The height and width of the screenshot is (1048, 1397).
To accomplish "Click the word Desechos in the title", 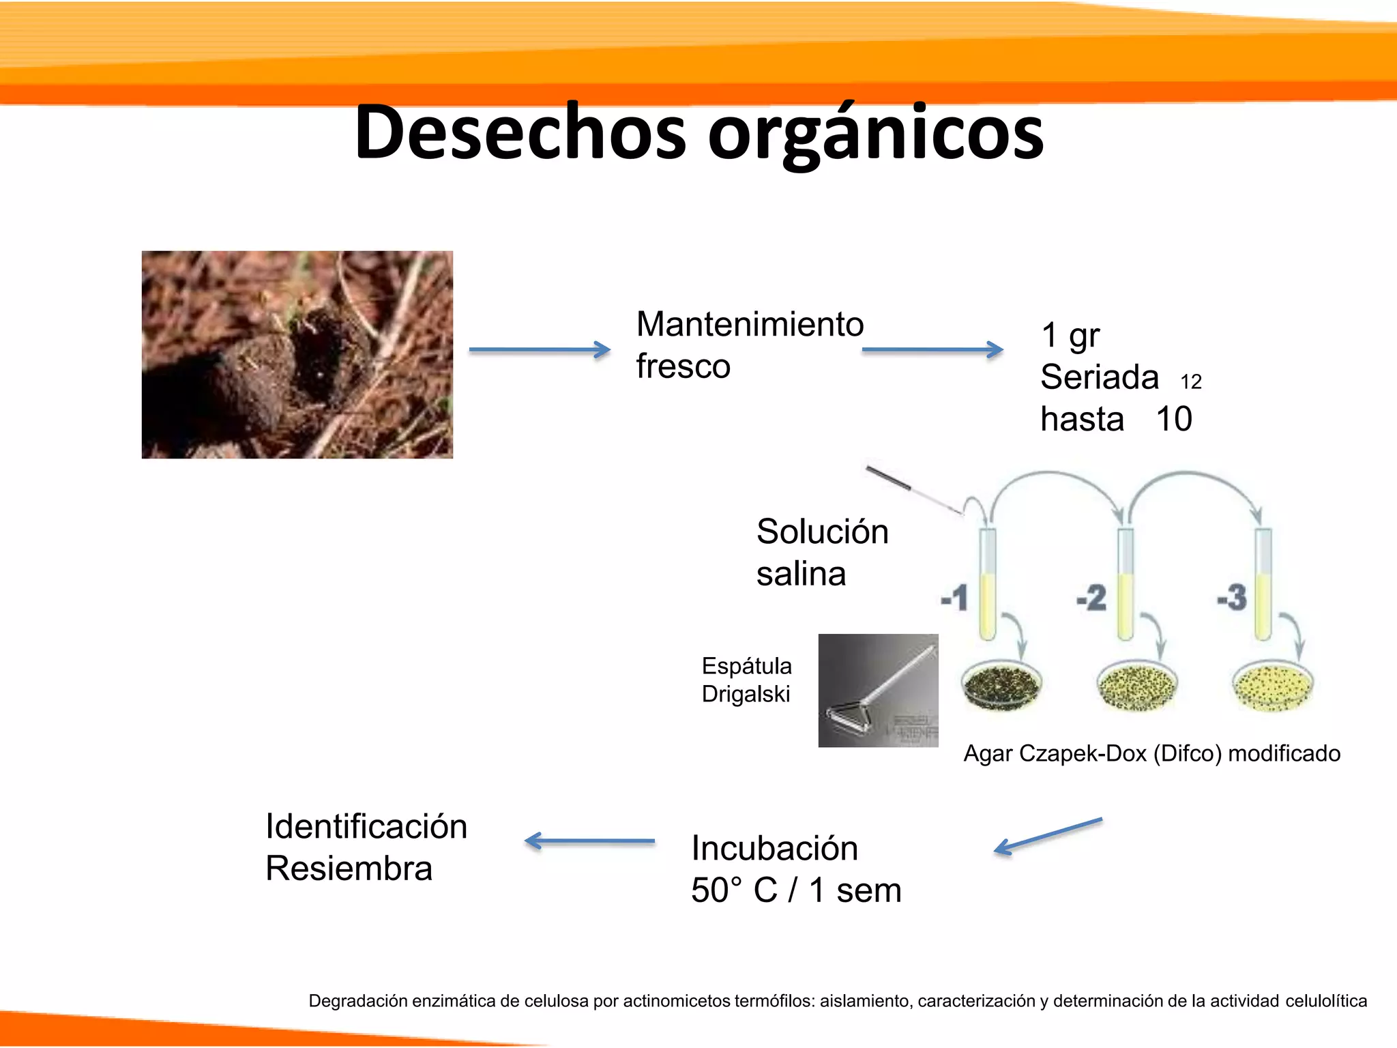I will [x=520, y=132].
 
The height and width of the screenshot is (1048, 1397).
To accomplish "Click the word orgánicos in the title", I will [x=876, y=132].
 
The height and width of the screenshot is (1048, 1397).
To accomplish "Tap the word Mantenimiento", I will [x=750, y=324].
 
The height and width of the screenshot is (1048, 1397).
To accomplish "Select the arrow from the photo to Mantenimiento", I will [x=539, y=350].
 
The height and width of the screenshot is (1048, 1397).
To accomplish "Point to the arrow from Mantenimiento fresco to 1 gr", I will [x=932, y=350].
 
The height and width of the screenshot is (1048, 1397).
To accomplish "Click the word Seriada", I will [x=1099, y=377].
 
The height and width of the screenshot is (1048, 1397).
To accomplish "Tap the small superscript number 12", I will [x=1191, y=382].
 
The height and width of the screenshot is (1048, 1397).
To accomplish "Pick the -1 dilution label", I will [x=954, y=598].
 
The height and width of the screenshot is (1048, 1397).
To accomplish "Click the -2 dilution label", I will [x=1091, y=598].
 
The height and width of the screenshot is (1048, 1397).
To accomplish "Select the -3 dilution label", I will [x=1232, y=598].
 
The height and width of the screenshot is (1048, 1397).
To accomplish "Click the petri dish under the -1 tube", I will [x=1001, y=686].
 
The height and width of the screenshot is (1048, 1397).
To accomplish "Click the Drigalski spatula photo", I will [x=878, y=690].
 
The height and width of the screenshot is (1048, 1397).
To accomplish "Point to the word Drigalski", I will [x=746, y=695].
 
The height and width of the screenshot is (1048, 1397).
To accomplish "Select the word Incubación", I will [x=774, y=849].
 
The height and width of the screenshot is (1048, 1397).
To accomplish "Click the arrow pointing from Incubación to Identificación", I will [x=590, y=841].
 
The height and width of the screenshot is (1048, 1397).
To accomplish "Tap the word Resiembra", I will [x=349, y=869].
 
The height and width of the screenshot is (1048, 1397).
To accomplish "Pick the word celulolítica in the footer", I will [x=1326, y=1001].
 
